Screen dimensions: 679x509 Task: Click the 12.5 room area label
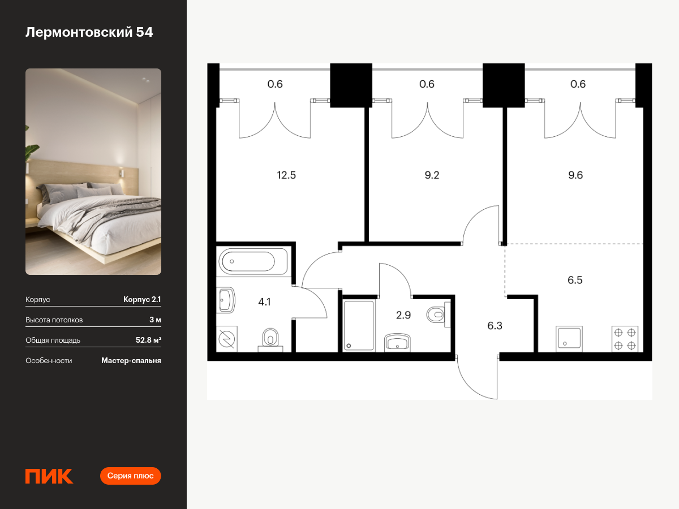tap(286, 175)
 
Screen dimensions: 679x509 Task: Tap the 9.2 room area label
tap(432, 175)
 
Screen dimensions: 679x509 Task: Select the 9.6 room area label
tap(575, 175)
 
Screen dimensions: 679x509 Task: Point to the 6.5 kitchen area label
tap(575, 280)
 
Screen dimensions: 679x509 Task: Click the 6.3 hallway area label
tap(495, 325)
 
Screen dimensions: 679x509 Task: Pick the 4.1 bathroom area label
tap(264, 302)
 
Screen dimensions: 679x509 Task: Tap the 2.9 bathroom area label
tap(403, 315)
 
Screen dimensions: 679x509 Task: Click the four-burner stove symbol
tap(625, 339)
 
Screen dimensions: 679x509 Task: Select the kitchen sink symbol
tap(569, 339)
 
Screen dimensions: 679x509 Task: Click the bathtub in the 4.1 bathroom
tap(253, 261)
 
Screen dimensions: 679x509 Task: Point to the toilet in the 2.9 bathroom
tap(438, 314)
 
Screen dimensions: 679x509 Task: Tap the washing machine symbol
tap(227, 339)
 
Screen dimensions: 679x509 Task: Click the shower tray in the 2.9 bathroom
tap(359, 325)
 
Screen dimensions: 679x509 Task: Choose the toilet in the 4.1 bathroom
tap(270, 340)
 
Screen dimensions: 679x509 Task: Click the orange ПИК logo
tap(49, 476)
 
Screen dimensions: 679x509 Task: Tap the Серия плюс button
tap(130, 476)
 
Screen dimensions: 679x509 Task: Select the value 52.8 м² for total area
tap(148, 340)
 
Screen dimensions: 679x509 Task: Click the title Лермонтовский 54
tap(89, 32)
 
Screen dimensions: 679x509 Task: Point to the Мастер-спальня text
tap(131, 361)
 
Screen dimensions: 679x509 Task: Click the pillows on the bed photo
tap(82, 190)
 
